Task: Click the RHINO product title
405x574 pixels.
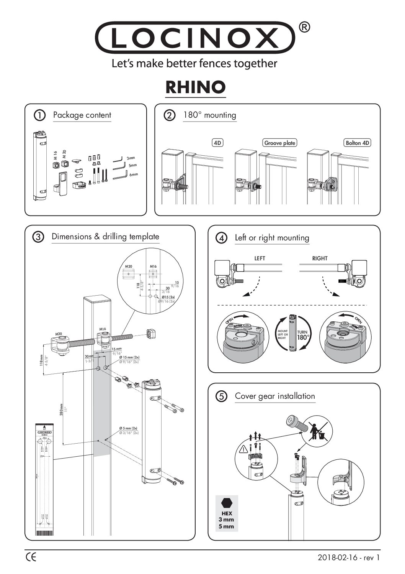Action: coord(195,87)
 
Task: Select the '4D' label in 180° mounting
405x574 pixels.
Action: coord(217,143)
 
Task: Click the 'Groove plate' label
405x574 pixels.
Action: coord(280,143)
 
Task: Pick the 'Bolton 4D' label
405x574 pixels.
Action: coord(358,143)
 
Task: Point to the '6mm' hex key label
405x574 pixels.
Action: coord(133,174)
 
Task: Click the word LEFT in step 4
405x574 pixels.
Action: coord(260,258)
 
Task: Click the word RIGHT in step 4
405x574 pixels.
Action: coord(319,258)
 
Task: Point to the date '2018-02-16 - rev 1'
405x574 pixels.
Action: coord(349,558)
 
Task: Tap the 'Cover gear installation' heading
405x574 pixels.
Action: coord(275,396)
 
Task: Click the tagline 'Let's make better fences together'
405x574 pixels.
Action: coord(194,63)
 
